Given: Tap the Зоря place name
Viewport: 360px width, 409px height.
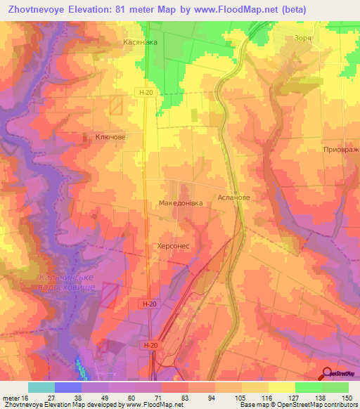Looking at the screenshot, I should (x=303, y=40).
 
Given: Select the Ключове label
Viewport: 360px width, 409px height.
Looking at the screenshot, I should (x=110, y=138).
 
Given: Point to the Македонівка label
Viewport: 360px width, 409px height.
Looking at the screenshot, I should (x=181, y=203).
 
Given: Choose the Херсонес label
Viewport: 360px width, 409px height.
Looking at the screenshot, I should (x=173, y=247).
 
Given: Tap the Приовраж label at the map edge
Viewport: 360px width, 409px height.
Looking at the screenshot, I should (x=341, y=150).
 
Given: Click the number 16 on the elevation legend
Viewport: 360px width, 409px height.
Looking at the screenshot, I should (x=25, y=397).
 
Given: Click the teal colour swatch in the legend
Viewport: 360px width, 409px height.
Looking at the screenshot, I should (x=41, y=387).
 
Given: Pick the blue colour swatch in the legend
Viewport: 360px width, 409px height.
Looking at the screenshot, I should (x=68, y=387).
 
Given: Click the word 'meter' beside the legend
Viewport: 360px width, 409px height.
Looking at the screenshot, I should (x=11, y=397).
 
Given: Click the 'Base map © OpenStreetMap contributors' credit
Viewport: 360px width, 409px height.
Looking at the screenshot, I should (x=298, y=405).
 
